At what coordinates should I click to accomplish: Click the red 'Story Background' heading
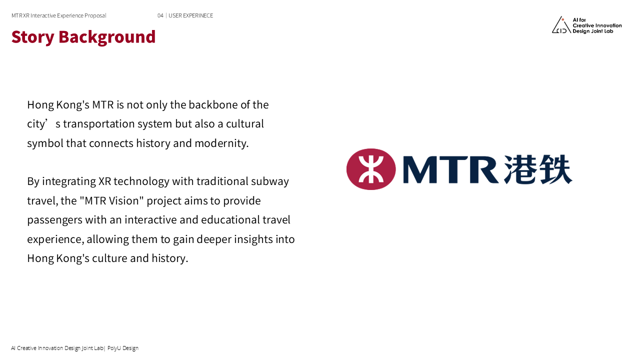point(83,37)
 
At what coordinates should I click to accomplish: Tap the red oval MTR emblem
point(371,169)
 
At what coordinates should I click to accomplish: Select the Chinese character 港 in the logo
point(519,169)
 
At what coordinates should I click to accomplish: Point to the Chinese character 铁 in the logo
point(555,169)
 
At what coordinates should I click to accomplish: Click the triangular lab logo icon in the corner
point(561,25)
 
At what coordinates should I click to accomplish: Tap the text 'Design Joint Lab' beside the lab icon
point(592,31)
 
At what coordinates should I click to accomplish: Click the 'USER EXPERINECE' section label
point(190,15)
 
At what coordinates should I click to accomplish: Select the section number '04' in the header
point(160,15)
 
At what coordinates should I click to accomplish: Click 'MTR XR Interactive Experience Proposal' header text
point(59,15)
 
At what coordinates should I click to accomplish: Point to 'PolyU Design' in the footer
point(123,348)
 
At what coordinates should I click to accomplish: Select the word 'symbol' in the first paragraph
point(45,143)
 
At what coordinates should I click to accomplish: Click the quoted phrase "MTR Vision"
point(111,200)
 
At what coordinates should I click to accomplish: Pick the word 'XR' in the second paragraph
point(105,181)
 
